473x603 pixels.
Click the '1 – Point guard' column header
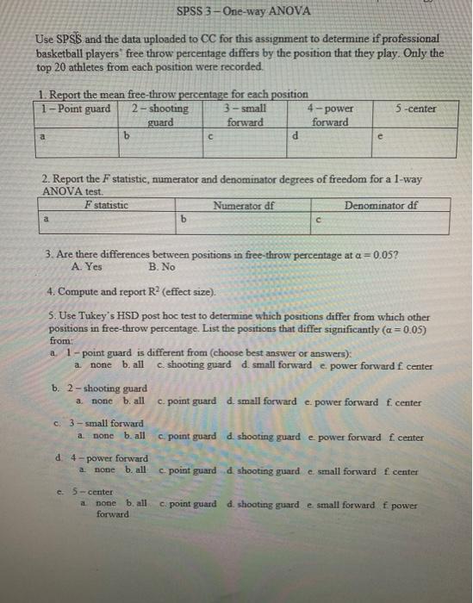point(77,109)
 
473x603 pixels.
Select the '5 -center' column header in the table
point(415,109)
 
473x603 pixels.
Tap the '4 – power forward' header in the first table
point(329,115)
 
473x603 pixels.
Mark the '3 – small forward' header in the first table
point(245,115)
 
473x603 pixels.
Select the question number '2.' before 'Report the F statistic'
point(47,180)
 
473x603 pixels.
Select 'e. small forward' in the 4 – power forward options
point(339,471)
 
